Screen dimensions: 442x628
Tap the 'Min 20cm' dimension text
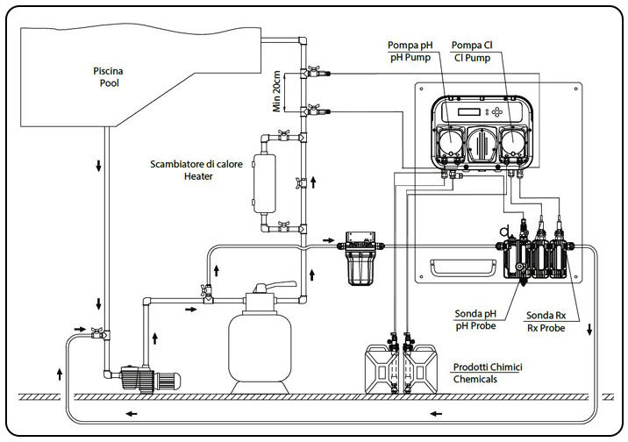coord(277,91)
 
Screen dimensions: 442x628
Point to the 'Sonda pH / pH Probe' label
coord(475,320)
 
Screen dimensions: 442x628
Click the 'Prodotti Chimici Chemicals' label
coord(482,374)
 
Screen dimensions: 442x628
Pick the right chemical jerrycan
coord(420,369)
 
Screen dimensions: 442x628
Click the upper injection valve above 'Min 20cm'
coord(311,71)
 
